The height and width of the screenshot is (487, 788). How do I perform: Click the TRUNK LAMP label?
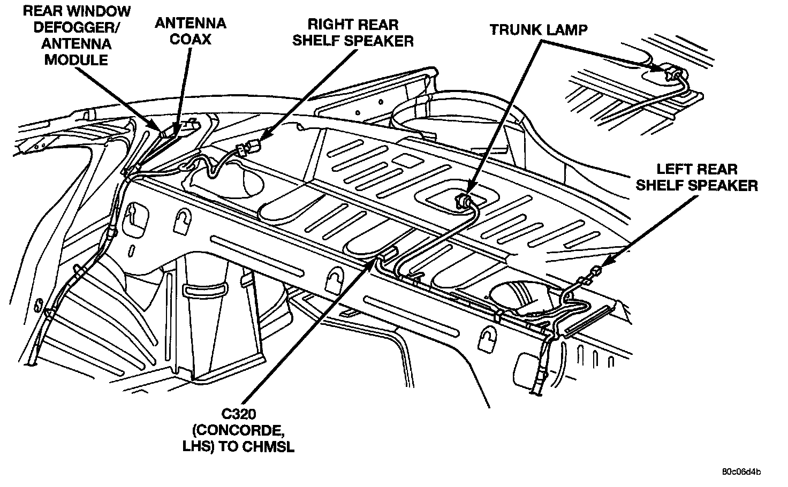[x=539, y=30]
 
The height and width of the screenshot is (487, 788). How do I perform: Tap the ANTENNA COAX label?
[x=191, y=31]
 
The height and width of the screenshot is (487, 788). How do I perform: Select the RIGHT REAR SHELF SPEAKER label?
[x=353, y=33]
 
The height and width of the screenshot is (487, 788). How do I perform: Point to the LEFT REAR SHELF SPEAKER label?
[x=696, y=177]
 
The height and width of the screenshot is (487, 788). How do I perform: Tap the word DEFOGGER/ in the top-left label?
[x=77, y=28]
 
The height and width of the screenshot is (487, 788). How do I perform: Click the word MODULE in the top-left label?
[x=76, y=60]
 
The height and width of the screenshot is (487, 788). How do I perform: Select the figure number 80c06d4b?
[x=741, y=471]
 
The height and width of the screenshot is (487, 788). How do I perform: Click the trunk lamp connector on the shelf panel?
[x=464, y=201]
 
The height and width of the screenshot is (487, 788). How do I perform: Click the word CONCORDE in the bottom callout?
[x=238, y=430]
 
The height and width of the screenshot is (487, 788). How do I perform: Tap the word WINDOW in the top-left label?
[x=98, y=11]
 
